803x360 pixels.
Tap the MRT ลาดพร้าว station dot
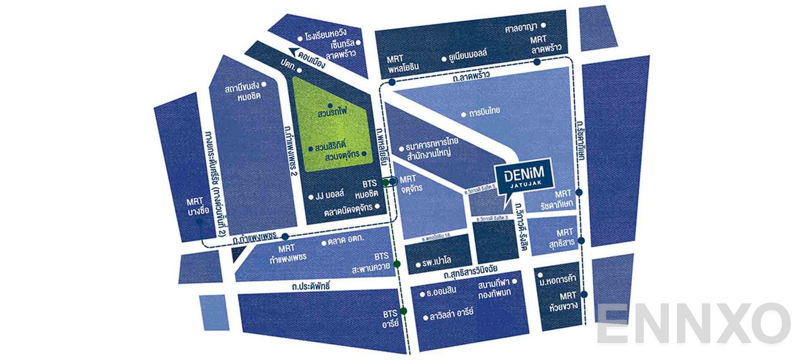point(537,62)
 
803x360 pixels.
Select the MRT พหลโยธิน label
point(403,63)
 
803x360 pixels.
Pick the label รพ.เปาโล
point(436,262)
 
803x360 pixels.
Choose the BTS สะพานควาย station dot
point(397,264)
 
